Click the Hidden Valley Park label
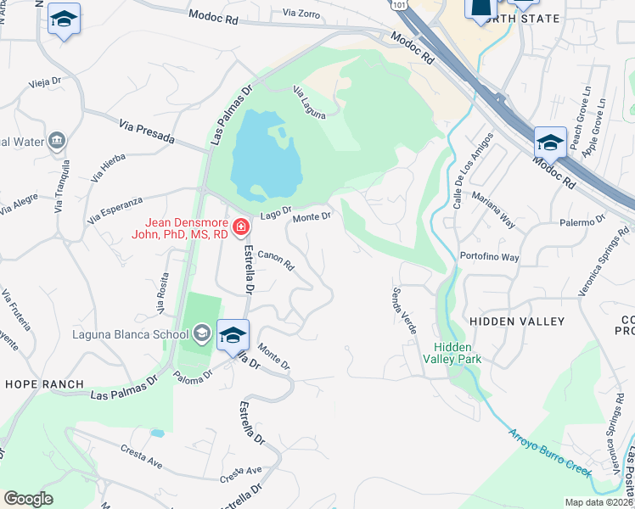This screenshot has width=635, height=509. (x=458, y=353)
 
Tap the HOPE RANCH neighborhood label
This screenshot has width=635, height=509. (x=35, y=383)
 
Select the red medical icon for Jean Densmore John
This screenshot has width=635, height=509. (x=241, y=227)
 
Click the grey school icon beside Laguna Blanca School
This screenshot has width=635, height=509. (x=201, y=334)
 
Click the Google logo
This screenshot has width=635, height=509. (x=28, y=499)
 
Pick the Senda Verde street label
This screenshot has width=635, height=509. (x=402, y=309)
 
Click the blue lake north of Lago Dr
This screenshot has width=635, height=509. (x=265, y=153)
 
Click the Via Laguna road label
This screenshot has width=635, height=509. (x=309, y=103)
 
